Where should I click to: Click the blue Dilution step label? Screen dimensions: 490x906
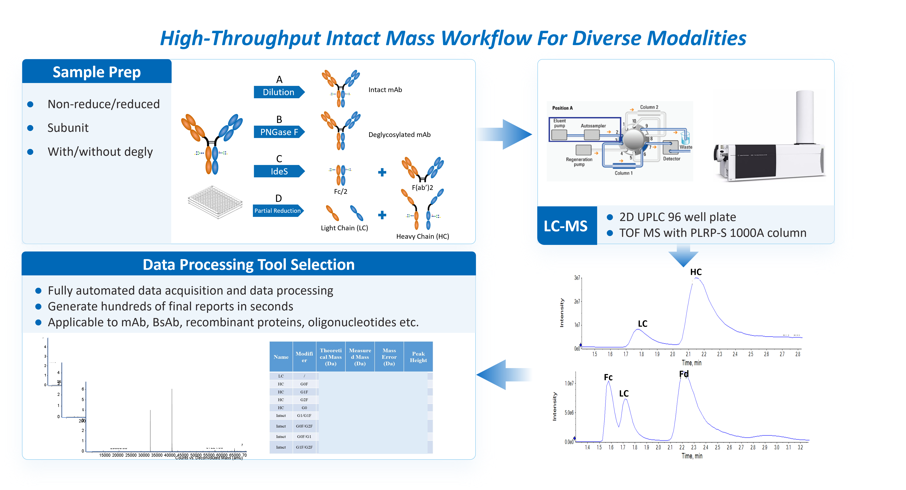(x=279, y=92)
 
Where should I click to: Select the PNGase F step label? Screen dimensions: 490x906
(x=279, y=132)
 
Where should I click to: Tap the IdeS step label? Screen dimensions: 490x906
(x=279, y=171)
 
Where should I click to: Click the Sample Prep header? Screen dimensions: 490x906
(x=97, y=72)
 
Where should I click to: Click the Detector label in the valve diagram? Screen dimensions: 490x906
(x=671, y=159)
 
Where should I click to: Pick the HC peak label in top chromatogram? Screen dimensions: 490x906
(x=696, y=272)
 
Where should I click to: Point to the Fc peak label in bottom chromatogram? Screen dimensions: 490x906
(x=608, y=377)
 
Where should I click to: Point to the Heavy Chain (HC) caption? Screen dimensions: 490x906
(x=422, y=236)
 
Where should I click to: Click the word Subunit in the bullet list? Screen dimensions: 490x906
(x=68, y=128)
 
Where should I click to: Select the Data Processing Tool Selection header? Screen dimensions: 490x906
(x=248, y=264)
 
